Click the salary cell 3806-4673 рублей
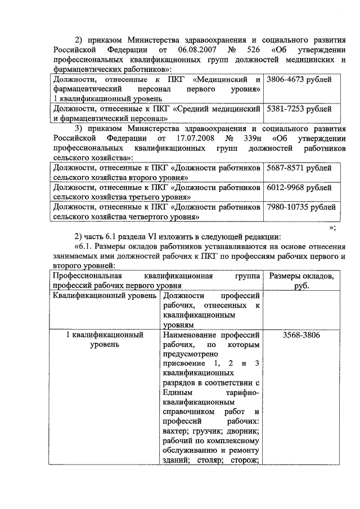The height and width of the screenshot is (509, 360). (x=299, y=80)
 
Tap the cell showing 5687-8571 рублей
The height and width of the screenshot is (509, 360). (x=299, y=168)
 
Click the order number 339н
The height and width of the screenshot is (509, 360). (x=256, y=138)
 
